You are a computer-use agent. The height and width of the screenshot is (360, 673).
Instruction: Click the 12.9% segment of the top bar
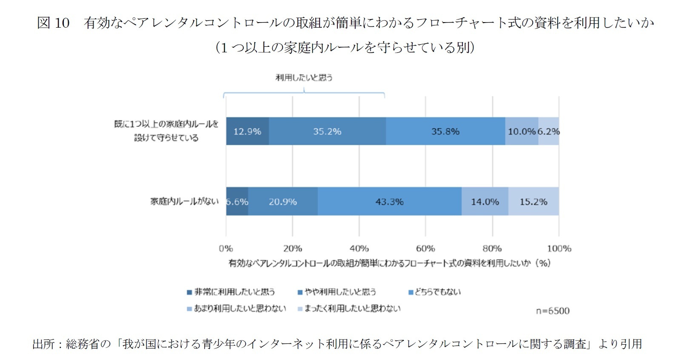(x=247, y=131)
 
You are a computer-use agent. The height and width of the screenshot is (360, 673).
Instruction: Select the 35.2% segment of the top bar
(x=327, y=131)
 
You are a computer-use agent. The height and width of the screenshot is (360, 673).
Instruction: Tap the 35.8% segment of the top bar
(x=445, y=131)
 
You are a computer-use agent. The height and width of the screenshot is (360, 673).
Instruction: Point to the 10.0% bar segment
(x=522, y=131)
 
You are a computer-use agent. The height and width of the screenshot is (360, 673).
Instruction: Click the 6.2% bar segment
(x=549, y=131)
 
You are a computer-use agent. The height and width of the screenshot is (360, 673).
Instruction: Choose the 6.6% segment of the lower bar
(x=237, y=202)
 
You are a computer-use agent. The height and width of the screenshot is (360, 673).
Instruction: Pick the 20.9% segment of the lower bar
(x=283, y=202)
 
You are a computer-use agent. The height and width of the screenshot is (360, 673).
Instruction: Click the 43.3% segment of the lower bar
(x=389, y=202)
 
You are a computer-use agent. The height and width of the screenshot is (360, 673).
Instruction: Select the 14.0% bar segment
(x=485, y=202)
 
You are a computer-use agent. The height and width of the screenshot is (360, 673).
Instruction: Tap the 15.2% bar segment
(x=533, y=202)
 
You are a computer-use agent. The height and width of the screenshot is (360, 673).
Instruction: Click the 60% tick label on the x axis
(x=425, y=249)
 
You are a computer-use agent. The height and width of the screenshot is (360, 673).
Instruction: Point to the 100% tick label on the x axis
(x=559, y=249)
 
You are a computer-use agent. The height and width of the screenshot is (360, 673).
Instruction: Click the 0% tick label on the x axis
(x=226, y=249)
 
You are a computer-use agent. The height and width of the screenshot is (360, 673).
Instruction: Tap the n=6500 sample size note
(x=552, y=311)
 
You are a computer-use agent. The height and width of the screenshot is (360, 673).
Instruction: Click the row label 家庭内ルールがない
(x=184, y=201)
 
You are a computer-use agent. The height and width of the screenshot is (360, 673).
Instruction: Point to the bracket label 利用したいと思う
(x=304, y=77)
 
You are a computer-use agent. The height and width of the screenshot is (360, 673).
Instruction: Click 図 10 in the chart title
(x=53, y=23)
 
